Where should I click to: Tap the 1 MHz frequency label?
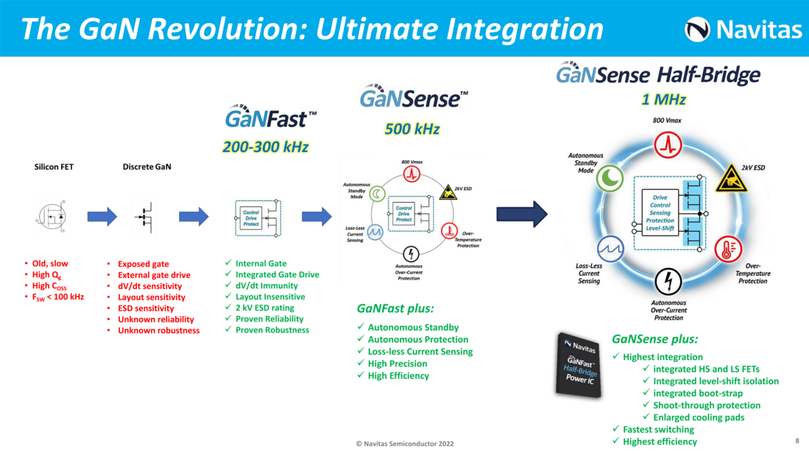pos(663,100)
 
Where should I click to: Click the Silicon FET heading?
pos(55,167)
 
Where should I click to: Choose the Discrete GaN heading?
pos(147,167)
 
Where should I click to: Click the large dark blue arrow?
pos(522,214)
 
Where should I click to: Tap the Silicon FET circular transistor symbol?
pos(50,216)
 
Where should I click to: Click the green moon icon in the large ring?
pos(609,177)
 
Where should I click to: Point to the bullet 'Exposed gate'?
pos(143,264)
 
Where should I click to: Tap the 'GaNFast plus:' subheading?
pos(395,309)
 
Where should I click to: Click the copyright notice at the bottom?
pos(404,444)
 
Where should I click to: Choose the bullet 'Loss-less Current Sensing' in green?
pos(420,352)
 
